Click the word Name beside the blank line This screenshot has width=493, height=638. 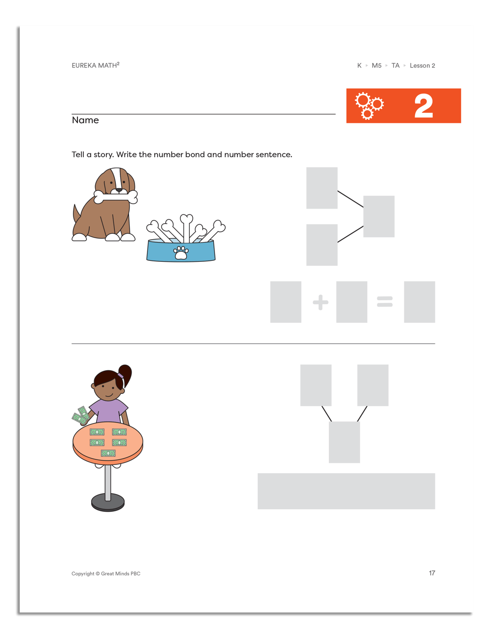coord(85,120)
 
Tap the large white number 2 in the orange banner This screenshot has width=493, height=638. coord(423,106)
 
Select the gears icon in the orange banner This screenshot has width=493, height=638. coord(369,106)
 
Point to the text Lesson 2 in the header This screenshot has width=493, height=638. coord(422,66)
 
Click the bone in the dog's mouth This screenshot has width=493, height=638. coord(116,197)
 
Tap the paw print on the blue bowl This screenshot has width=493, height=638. coord(181,252)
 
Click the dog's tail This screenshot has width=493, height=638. coord(76,214)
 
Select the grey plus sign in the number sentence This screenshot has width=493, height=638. coord(320,302)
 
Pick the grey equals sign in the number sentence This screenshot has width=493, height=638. coord(385,302)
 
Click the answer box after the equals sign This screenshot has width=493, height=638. coord(419,302)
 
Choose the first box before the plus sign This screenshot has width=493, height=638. coord(285,302)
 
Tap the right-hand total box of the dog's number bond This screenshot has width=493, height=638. coord(379,216)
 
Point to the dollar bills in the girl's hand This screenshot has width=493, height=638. coord(81,416)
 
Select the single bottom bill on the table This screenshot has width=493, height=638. coord(108,453)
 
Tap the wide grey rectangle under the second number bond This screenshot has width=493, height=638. coord(346,491)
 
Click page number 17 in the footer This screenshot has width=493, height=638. coord(432,573)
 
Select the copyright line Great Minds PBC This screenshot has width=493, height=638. coord(106,573)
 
